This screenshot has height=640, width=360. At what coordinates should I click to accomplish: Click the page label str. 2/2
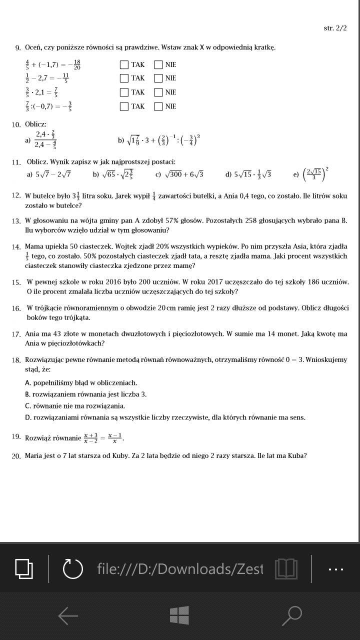point(335,28)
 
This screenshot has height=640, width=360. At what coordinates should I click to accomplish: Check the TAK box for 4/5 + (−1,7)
point(124,64)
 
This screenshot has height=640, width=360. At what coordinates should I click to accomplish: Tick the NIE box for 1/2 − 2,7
point(158,78)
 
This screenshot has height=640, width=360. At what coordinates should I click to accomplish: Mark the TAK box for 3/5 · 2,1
point(124,92)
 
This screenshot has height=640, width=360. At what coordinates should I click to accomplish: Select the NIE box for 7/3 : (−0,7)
point(158,106)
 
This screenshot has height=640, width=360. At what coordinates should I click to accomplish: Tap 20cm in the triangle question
point(165,308)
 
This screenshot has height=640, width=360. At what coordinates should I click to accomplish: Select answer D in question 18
point(165,417)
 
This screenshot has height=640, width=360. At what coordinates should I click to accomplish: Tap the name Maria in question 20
point(33,455)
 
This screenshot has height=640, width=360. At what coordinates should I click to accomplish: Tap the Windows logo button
point(179,615)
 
